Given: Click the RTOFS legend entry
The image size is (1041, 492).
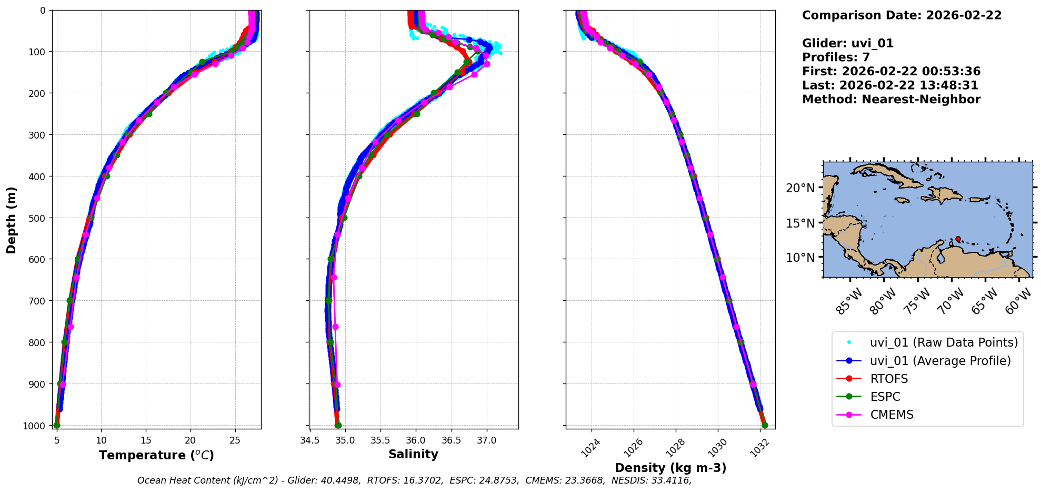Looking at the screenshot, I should [x=889, y=379].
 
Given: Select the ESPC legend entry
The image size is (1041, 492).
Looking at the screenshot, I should [x=885, y=397].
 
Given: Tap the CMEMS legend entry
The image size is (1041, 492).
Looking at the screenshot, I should [x=892, y=415].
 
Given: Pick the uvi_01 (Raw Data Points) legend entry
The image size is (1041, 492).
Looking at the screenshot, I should [x=944, y=342].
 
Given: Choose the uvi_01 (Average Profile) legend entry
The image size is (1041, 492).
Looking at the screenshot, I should [x=940, y=361].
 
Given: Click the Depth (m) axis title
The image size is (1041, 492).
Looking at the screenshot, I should [x=12, y=220].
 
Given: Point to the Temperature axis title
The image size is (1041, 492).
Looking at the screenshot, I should [x=156, y=455].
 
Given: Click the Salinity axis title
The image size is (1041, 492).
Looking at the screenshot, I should [x=413, y=454].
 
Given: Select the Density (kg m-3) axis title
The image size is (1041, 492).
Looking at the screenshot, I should [x=670, y=468].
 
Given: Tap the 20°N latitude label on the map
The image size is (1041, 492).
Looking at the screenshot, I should [x=800, y=188].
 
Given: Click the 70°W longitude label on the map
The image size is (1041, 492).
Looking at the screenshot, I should [x=951, y=301].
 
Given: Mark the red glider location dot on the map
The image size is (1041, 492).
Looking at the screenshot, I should [x=958, y=239].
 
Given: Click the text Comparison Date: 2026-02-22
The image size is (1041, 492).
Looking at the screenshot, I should [x=902, y=15].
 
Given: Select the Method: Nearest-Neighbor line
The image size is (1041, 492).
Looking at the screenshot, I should [x=891, y=99].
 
